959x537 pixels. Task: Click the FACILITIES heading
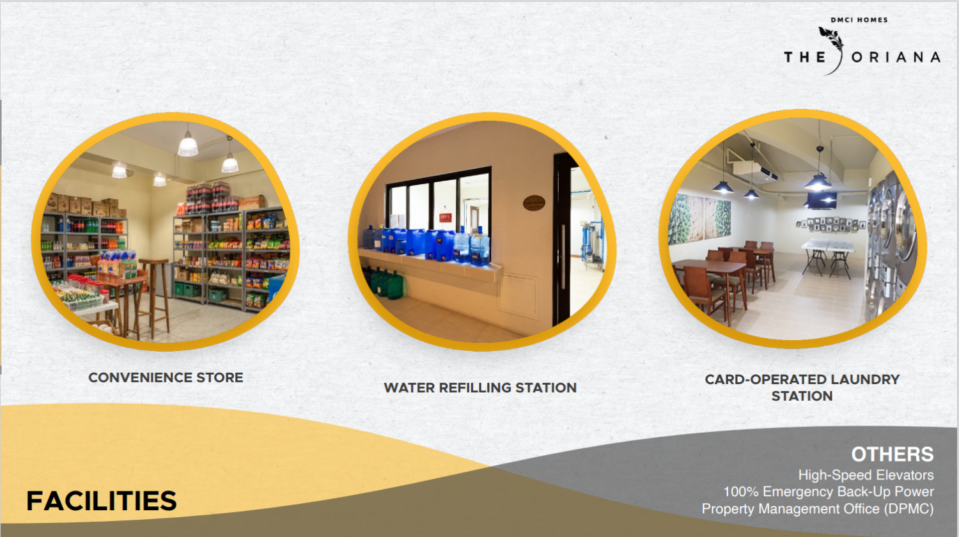(102, 501)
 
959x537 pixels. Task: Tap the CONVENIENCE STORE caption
(166, 378)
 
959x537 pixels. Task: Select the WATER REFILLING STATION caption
(480, 387)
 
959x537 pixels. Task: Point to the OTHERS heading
(893, 455)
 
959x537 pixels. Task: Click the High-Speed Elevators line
(866, 475)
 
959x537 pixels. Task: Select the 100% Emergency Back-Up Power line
(829, 492)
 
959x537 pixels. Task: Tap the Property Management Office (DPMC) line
(818, 509)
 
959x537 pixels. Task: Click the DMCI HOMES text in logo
(859, 20)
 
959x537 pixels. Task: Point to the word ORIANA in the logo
(896, 57)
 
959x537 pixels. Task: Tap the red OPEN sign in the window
(445, 217)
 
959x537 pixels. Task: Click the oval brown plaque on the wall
(534, 203)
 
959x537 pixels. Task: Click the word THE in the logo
(805, 57)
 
